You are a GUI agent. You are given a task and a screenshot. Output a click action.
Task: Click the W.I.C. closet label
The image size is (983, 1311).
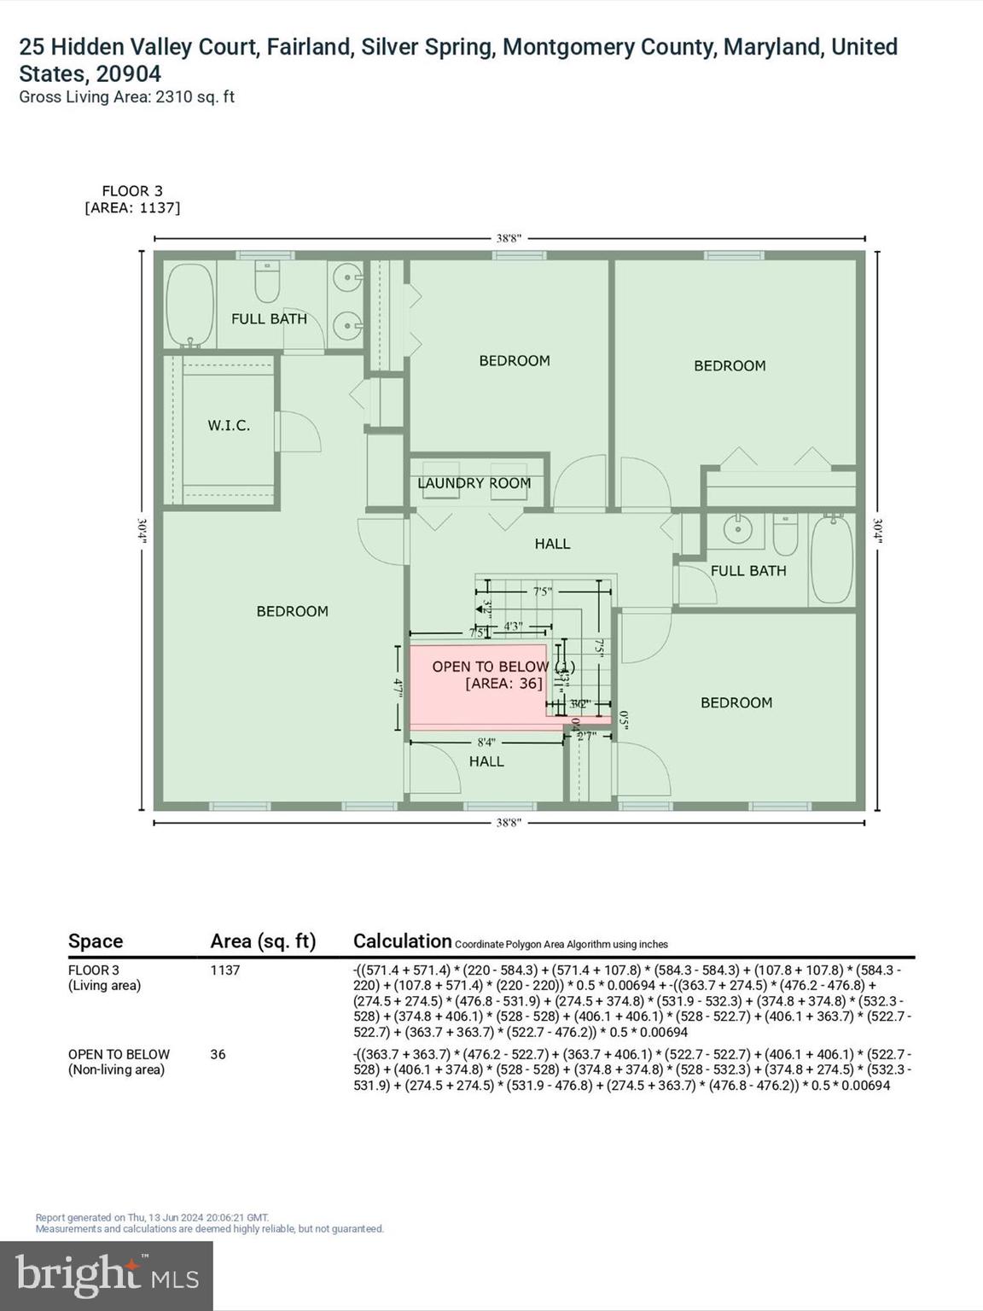tap(229, 425)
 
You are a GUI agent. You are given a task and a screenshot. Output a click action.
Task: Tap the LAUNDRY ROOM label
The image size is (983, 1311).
tap(474, 483)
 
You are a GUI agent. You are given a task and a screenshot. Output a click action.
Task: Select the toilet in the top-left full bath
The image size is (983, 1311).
tap(267, 283)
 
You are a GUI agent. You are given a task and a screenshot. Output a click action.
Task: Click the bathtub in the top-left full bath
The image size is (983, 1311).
tap(189, 306)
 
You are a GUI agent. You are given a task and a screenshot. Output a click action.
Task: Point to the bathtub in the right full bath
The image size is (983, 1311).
tap(831, 559)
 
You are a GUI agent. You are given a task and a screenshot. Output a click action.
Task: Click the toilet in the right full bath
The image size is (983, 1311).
tap(785, 534)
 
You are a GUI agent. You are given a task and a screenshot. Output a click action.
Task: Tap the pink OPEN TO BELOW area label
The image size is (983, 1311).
tap(491, 674)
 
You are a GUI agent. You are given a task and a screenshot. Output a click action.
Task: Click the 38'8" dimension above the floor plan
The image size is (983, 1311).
tap(509, 239)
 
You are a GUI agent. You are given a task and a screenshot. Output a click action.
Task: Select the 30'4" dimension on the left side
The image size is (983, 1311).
tap(143, 531)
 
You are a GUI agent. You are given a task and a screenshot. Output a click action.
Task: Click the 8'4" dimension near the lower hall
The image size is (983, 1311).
tap(486, 743)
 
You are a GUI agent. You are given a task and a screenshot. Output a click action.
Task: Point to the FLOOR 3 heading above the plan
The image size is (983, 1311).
tap(132, 191)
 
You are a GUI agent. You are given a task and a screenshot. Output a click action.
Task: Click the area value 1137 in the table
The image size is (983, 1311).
tap(225, 970)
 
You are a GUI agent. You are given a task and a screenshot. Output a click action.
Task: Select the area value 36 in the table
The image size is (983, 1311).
tap(218, 1054)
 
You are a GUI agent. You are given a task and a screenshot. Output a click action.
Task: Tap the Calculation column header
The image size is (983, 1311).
tap(402, 941)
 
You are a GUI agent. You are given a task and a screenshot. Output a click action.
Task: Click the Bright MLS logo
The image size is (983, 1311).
tap(107, 1275)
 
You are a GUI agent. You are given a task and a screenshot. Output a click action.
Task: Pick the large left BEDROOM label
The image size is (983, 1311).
tap(292, 611)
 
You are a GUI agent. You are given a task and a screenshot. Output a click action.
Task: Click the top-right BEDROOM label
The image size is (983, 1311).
tap(730, 365)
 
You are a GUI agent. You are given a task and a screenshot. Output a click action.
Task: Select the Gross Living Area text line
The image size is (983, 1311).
tap(126, 96)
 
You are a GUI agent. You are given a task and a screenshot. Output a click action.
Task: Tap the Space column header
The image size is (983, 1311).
tap(96, 941)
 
